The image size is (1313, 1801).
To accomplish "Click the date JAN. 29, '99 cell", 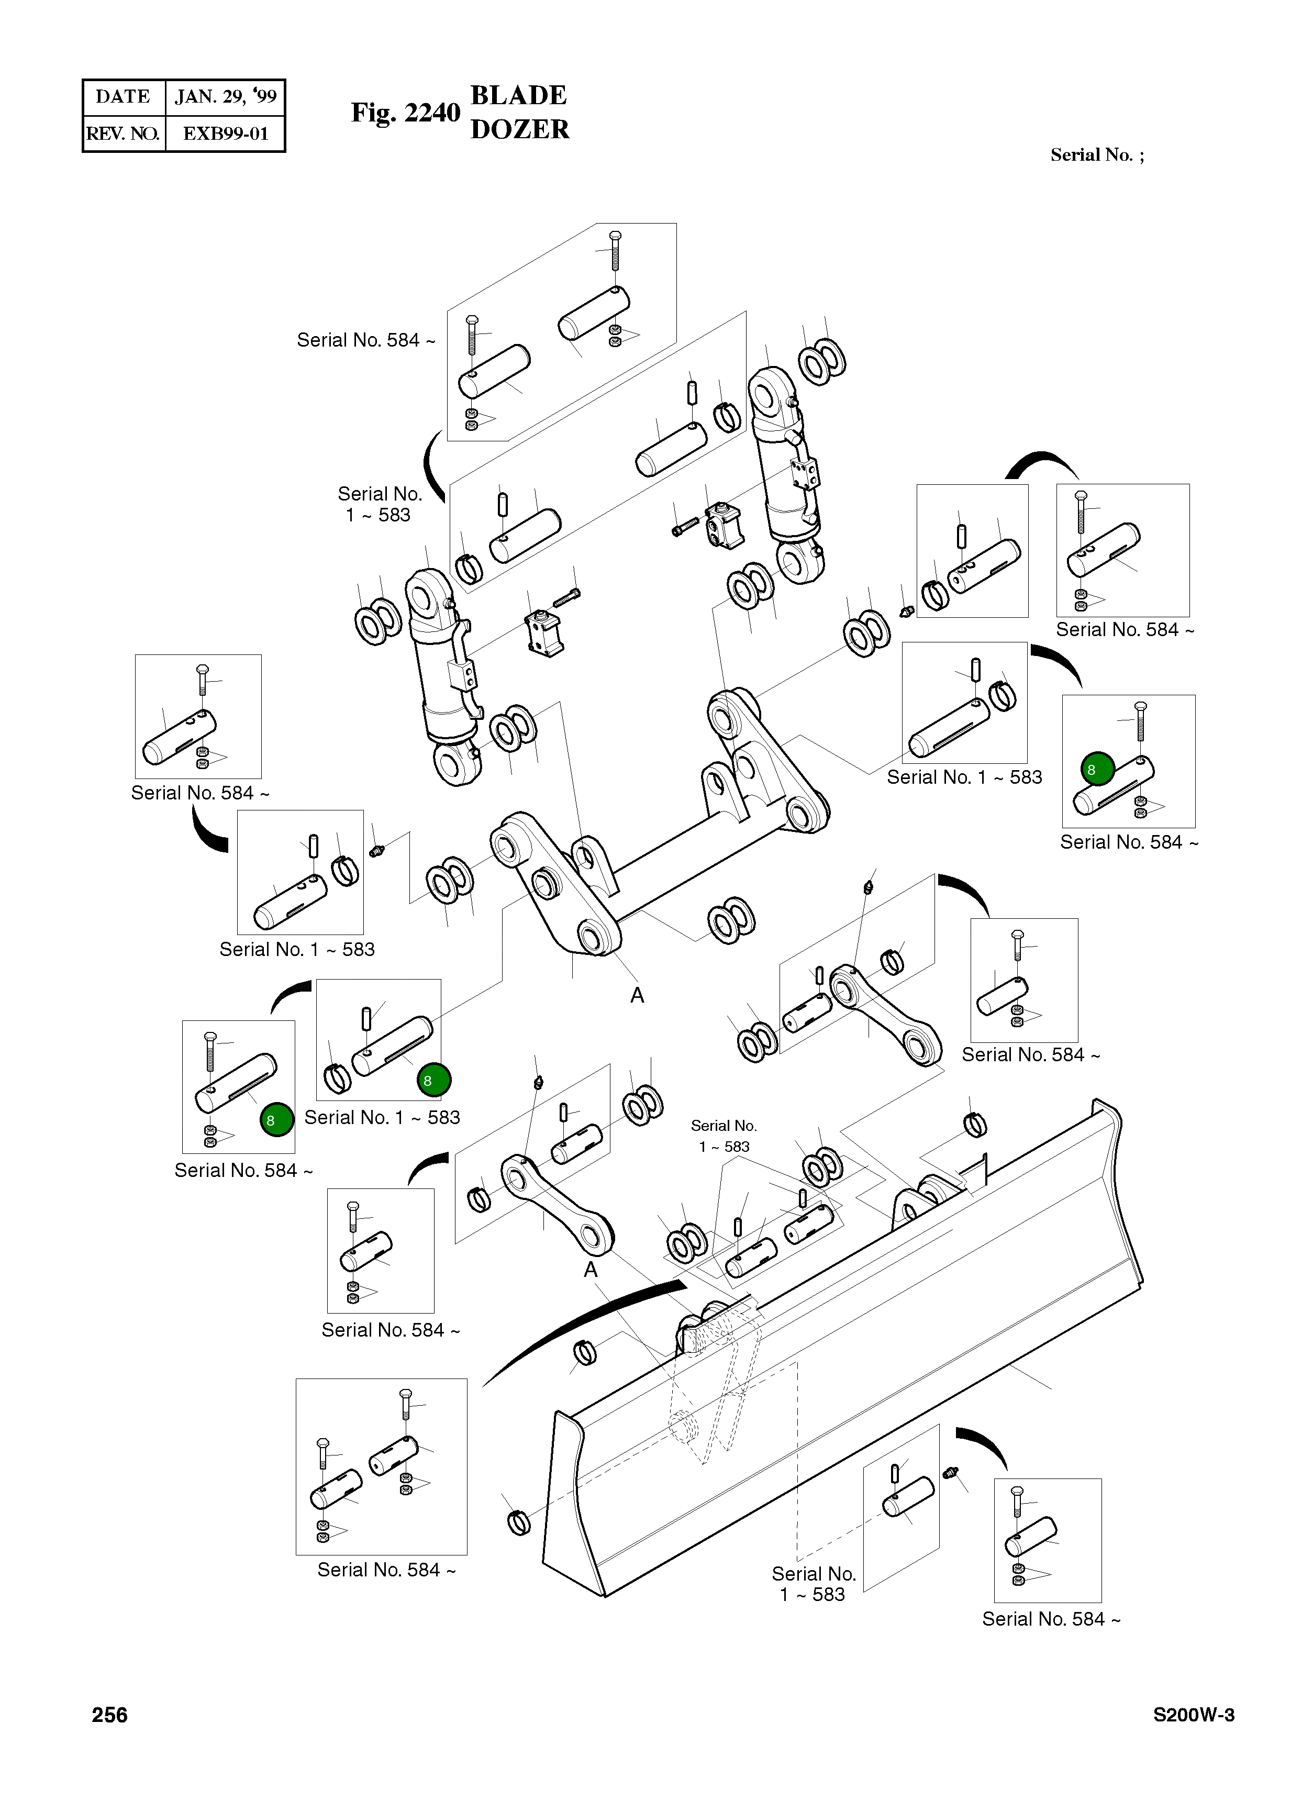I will coord(225,97).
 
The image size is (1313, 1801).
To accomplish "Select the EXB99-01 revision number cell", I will coord(225,134).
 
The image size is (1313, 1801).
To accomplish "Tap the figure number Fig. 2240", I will coord(405,113).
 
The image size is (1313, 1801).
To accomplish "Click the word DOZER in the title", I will coord(520,129).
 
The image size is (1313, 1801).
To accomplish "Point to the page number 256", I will coord(110,1715).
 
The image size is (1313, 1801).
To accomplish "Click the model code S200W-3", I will coord(1194,1715).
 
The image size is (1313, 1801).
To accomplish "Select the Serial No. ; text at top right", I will coord(1097,155).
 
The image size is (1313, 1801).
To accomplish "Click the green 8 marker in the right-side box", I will coord(1098,769).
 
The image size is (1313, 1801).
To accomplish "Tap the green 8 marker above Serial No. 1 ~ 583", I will coord(434,1080).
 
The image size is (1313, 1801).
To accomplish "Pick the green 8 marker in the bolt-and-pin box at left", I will coord(276,1120).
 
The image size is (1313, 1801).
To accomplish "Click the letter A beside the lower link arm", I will coord(591,1270).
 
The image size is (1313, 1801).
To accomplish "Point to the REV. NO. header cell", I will coord(123,134).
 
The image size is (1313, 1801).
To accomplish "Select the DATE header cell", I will coord(123,97).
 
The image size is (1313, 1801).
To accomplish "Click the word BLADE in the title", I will coord(518,95).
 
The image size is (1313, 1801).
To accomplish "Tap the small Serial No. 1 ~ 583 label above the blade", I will coord(724,1136).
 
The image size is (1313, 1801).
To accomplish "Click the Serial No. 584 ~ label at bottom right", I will coord(1051,1619).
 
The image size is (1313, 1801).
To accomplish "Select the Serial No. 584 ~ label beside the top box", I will coord(365,340).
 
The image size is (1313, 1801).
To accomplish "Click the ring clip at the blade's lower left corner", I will coord(518,1521).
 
